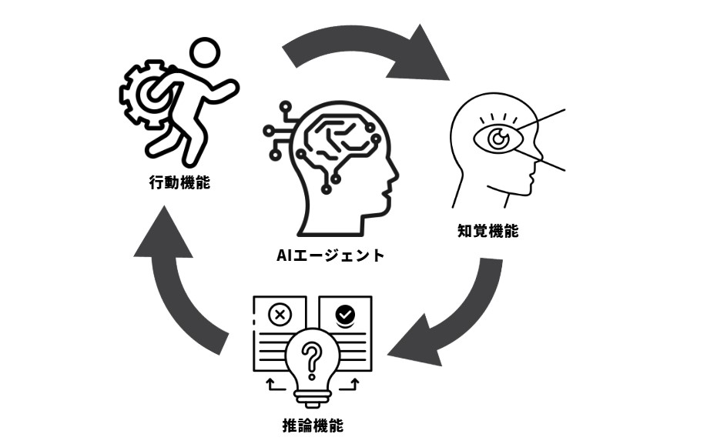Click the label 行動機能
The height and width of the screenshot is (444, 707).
pos(179,183)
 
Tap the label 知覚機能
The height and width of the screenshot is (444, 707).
pos(488,231)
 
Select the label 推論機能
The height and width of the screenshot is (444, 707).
pos(312,425)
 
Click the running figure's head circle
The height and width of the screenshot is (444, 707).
pos(206,55)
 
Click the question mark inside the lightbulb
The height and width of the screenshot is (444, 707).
pos(311,357)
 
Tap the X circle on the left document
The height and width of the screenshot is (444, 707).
pos(280,314)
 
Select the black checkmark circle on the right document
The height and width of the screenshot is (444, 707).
pos(345,313)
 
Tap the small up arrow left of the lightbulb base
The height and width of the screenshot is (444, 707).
pos(269,382)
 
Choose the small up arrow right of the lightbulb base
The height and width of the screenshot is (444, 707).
pos(355,382)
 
